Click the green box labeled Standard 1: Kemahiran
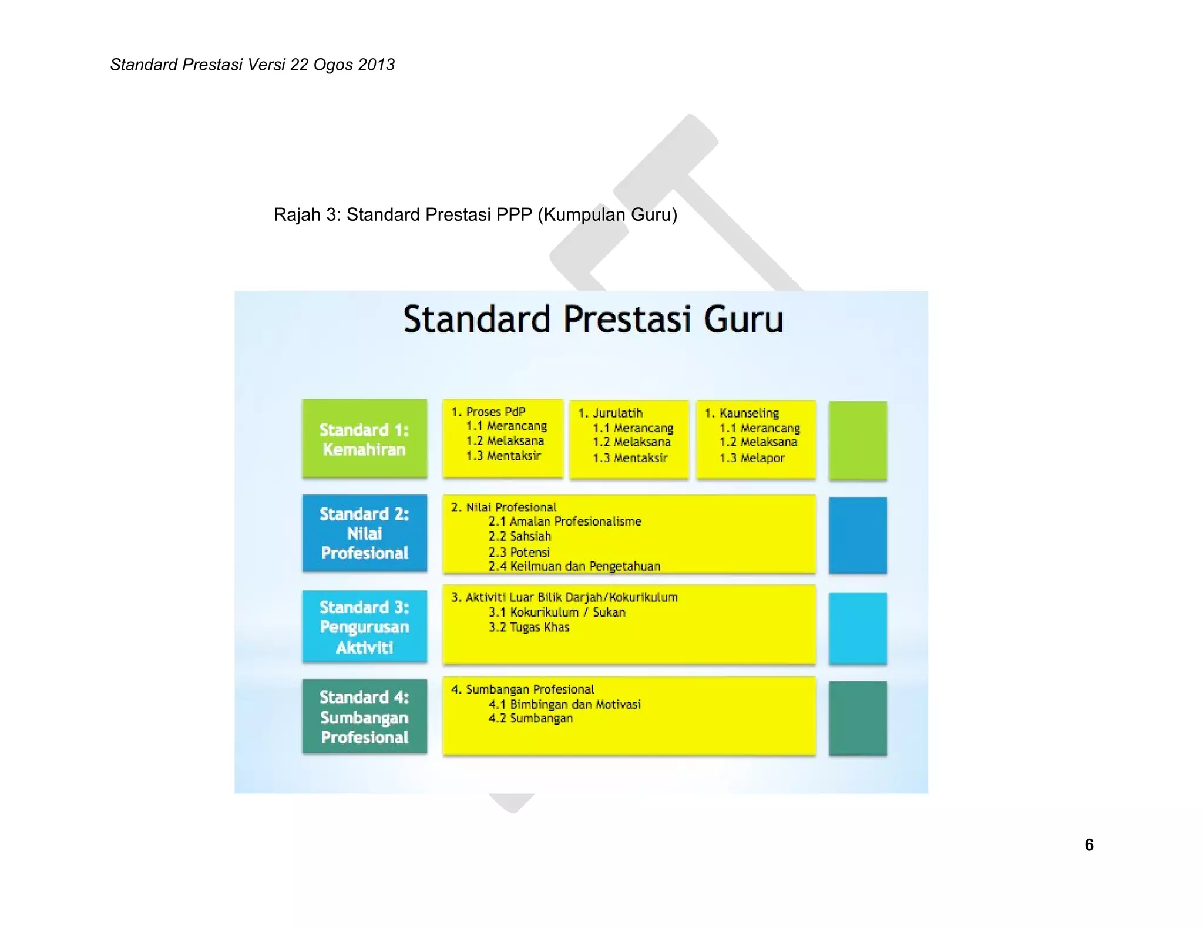[x=364, y=439]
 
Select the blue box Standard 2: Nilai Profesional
[x=364, y=533]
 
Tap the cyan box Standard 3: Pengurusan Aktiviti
[x=364, y=627]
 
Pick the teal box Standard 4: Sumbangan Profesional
[x=364, y=716]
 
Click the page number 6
[x=1088, y=844]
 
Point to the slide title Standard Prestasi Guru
[x=593, y=319]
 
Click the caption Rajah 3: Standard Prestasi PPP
[x=475, y=215]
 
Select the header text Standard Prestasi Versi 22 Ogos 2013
[x=252, y=65]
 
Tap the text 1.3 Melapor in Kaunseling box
[x=752, y=458]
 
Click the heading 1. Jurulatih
[x=610, y=413]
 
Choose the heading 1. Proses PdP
[x=488, y=412]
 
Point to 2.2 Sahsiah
[x=519, y=536]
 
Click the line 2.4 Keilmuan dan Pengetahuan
[x=574, y=566]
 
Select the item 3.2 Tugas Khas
[x=529, y=627]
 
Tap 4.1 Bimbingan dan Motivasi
[x=564, y=704]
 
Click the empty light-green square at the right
[x=858, y=440]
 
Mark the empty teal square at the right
[x=858, y=718]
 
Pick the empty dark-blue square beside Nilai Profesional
[x=858, y=535]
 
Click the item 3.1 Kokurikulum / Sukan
[x=556, y=612]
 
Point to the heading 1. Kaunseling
[x=742, y=413]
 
